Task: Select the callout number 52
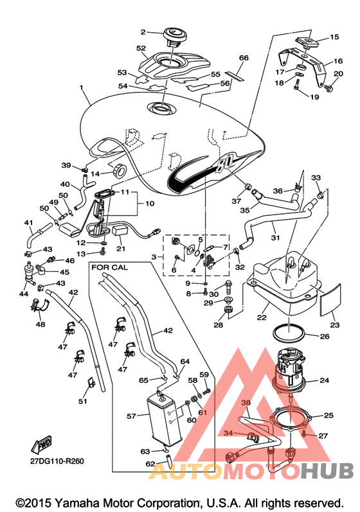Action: point(141,48)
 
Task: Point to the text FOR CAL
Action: point(110,267)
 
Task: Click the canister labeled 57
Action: point(163,418)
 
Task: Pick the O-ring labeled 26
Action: point(289,332)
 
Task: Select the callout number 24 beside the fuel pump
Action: point(325,380)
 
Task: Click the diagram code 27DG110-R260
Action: point(57,461)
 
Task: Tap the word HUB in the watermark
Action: point(327,471)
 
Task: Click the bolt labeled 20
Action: point(328,87)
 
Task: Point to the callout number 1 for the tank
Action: point(82,88)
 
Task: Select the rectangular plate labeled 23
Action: point(329,300)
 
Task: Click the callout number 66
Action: point(244,58)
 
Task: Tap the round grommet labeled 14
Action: point(119,170)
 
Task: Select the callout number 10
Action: point(150,204)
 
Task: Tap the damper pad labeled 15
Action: point(309,41)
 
